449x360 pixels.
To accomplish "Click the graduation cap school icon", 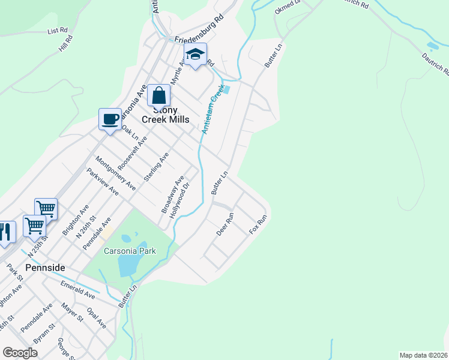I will pyautogui.click(x=195, y=55).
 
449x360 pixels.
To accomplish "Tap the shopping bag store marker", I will pyautogui.click(x=159, y=95).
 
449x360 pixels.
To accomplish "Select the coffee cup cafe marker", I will pyautogui.click(x=110, y=119).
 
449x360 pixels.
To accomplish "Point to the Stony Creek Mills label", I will pyautogui.click(x=165, y=115).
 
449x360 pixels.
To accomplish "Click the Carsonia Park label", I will pyautogui.click(x=130, y=251).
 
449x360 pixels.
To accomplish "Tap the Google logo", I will pyautogui.click(x=20, y=353).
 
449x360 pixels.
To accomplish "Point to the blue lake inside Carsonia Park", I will pyautogui.click(x=129, y=264).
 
